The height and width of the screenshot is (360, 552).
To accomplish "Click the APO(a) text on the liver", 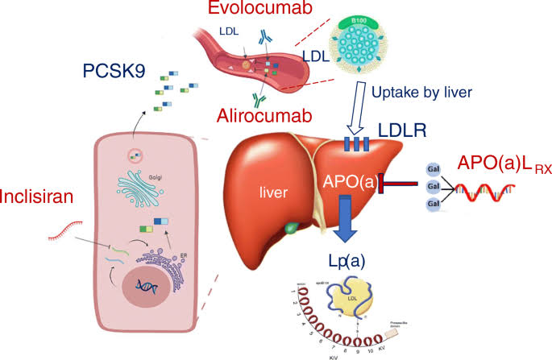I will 348,181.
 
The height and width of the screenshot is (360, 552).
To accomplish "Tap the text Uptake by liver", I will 423,92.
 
